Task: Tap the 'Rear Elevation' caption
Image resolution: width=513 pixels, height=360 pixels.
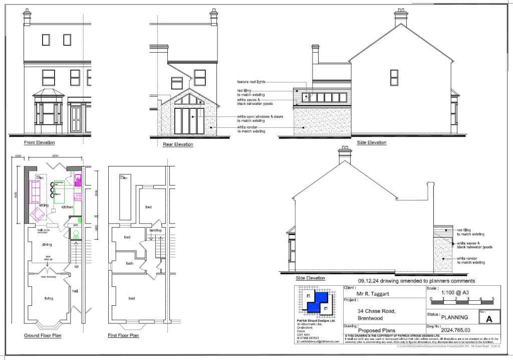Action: click(178, 144)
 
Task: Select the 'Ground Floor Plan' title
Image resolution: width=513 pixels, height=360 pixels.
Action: click(43, 335)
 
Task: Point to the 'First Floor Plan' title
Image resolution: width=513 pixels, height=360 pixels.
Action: click(123, 335)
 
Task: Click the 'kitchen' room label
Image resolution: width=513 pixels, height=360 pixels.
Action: click(67, 207)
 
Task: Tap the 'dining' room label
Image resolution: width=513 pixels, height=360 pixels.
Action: click(48, 245)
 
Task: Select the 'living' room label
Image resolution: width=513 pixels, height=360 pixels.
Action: click(49, 298)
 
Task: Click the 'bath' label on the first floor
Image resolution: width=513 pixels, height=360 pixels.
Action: click(129, 263)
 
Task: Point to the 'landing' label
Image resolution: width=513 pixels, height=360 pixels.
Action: click(155, 231)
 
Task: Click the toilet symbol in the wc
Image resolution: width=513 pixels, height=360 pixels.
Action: click(77, 234)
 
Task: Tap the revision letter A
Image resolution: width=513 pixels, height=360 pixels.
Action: click(489, 318)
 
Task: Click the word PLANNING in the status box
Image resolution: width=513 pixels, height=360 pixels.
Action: click(454, 317)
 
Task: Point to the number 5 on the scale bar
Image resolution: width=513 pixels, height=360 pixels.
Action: click(493, 299)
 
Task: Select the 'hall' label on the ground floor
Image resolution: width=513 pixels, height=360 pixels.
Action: click(75, 291)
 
